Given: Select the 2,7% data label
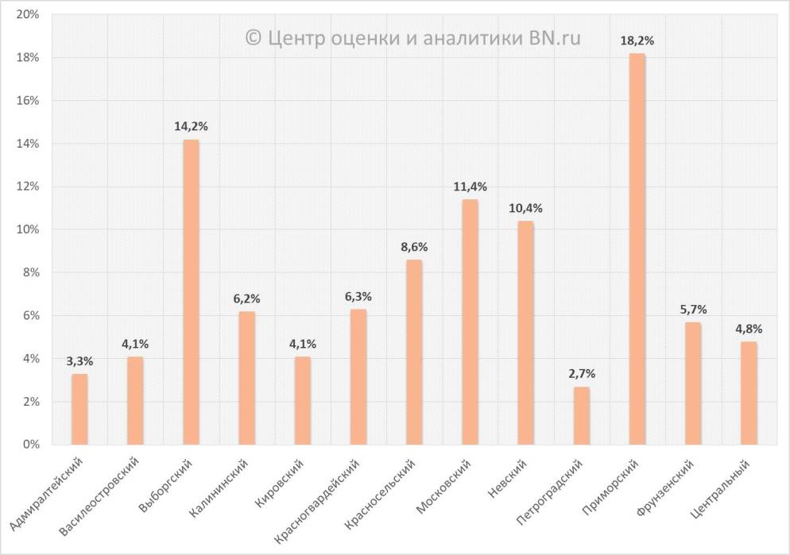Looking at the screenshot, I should (x=581, y=373).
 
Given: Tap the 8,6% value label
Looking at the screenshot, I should (x=414, y=246).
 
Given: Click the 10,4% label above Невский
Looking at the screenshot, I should (x=525, y=208).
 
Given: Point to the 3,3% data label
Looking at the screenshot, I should (x=79, y=360).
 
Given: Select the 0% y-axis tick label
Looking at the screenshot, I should (x=32, y=445).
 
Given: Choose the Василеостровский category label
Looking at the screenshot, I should (x=101, y=492).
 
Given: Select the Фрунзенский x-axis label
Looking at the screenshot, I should (x=666, y=485).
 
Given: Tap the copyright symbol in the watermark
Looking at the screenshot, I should (x=253, y=38).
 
